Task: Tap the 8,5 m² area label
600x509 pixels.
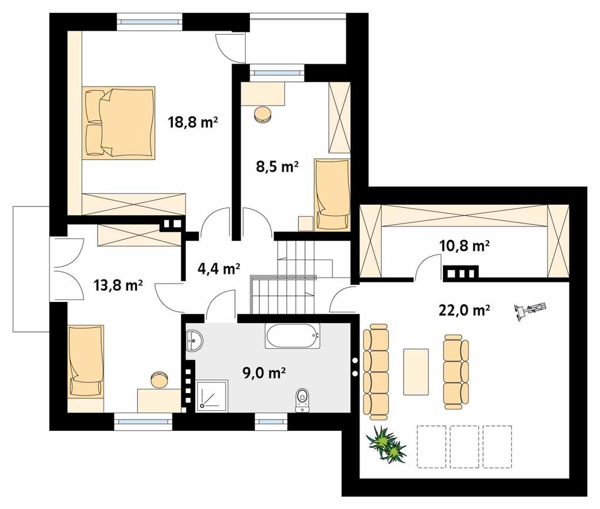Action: tap(272, 167)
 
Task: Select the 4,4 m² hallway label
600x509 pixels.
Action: tap(218, 269)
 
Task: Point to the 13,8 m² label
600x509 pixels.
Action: tap(118, 285)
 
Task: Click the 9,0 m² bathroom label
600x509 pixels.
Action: tap(264, 372)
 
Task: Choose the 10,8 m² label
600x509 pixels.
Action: tap(465, 246)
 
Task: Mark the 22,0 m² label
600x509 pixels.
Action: tap(465, 310)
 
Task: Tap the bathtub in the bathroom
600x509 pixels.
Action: tap(293, 337)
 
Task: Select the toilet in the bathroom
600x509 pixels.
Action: tap(303, 400)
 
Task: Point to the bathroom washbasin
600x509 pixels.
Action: tap(195, 340)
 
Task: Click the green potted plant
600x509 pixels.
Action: tap(386, 444)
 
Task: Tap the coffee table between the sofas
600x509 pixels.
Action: tap(416, 371)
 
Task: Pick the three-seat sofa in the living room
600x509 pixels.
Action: tap(455, 371)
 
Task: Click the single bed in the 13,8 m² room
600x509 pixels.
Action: tap(86, 360)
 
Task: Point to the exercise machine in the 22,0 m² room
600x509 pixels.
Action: tap(530, 310)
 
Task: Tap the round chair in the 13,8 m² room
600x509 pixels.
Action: tap(158, 378)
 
